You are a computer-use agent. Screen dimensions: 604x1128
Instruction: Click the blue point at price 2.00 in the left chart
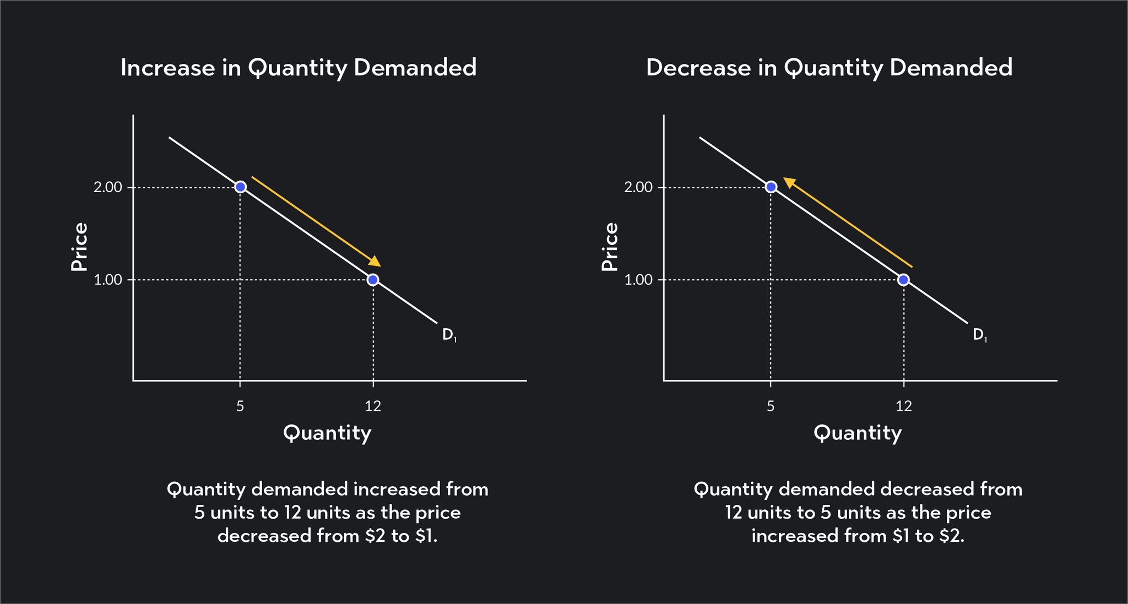pyautogui.click(x=240, y=187)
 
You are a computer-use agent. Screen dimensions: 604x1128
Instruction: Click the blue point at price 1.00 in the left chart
pyautogui.click(x=373, y=280)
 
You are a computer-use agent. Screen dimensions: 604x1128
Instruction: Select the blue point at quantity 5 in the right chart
pyautogui.click(x=771, y=187)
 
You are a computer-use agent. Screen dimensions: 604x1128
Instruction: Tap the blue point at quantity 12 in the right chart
pyautogui.click(x=903, y=280)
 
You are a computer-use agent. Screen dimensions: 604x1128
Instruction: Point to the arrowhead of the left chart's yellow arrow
pyautogui.click(x=375, y=262)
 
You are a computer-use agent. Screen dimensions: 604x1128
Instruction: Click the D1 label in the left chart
pyautogui.click(x=449, y=335)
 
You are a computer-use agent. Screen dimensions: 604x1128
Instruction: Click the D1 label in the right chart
pyautogui.click(x=979, y=335)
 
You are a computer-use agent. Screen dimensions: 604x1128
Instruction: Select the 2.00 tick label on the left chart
pyautogui.click(x=107, y=188)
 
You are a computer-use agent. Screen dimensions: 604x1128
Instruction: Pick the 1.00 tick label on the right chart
pyautogui.click(x=638, y=280)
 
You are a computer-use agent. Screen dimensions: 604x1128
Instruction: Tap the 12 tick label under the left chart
pyautogui.click(x=373, y=407)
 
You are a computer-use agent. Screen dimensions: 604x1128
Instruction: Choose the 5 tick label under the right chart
pyautogui.click(x=771, y=407)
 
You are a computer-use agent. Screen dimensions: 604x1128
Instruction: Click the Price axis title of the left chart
pyautogui.click(x=80, y=246)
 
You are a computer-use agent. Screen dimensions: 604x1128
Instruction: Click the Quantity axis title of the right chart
pyautogui.click(x=858, y=433)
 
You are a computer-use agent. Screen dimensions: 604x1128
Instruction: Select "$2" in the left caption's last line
pyautogui.click(x=375, y=536)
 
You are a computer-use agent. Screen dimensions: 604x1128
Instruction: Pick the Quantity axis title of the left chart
pyautogui.click(x=327, y=433)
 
